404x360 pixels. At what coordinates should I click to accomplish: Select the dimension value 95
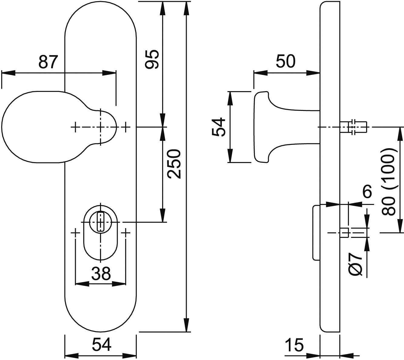tap(152, 59)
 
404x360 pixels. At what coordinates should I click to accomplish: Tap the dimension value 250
tap(174, 164)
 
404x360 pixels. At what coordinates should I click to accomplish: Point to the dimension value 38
tap(101, 273)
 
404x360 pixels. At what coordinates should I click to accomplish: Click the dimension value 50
tap(285, 61)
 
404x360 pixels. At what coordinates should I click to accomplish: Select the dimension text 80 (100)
tap(390, 182)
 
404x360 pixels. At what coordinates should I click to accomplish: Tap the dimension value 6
tap(367, 191)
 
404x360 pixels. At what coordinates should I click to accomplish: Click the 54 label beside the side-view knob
tap(219, 127)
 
